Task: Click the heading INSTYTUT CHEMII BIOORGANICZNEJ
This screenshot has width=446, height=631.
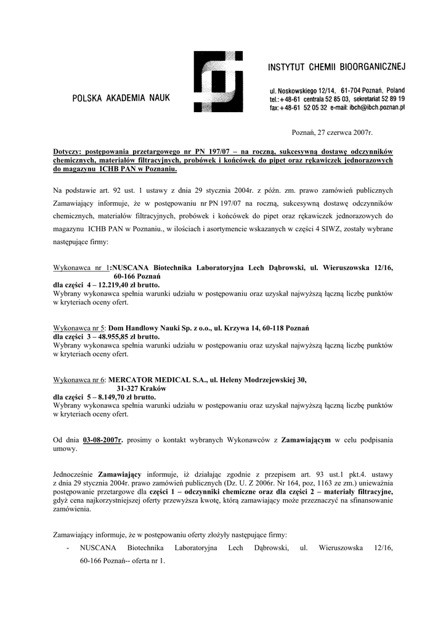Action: (x=336, y=67)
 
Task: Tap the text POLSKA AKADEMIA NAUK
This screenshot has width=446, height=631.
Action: (x=121, y=97)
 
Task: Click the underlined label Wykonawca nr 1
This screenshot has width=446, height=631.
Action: (x=82, y=268)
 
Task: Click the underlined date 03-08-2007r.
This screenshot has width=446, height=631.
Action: (x=103, y=441)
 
